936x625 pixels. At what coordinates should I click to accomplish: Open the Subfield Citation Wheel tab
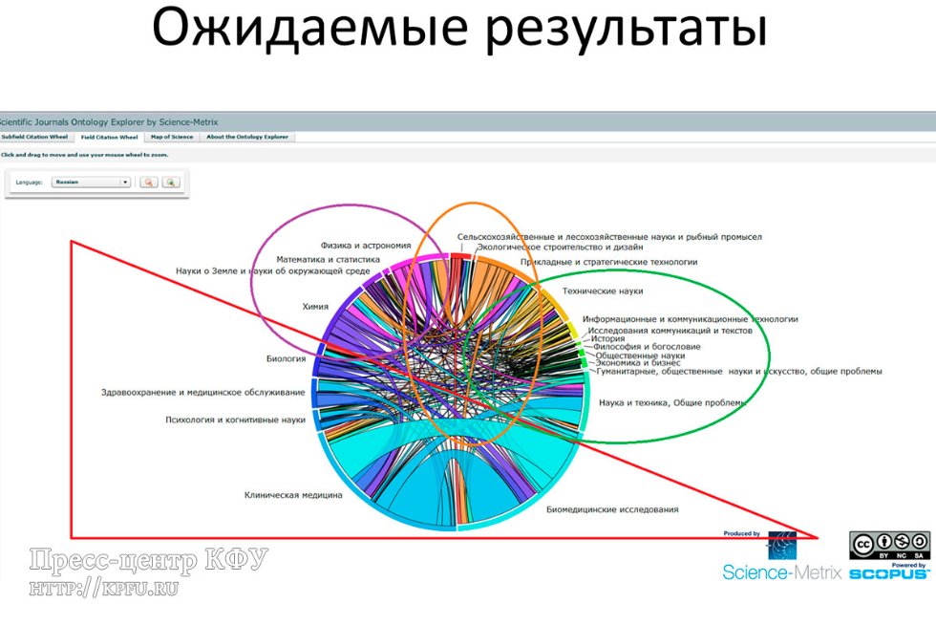point(35,137)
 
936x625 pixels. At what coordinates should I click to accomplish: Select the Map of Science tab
point(172,137)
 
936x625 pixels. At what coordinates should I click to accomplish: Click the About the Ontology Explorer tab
point(247,137)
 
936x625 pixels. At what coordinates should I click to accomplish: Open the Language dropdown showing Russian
point(92,182)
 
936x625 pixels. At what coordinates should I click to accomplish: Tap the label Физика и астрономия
point(366,245)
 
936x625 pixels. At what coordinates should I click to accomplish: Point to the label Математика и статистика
point(329,259)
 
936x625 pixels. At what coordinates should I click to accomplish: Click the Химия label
point(315,307)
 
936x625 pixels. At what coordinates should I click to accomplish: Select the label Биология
point(286,359)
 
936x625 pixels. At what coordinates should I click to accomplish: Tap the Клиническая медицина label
point(293,495)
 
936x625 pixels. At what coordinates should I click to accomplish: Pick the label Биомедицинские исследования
point(612,509)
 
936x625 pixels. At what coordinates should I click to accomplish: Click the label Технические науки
point(602,291)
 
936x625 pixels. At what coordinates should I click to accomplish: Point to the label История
point(607,337)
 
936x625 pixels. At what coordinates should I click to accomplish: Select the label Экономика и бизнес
point(638,363)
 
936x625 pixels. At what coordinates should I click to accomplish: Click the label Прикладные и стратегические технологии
point(608,261)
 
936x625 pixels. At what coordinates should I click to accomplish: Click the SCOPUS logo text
point(888,573)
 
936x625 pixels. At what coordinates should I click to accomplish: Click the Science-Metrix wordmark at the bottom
point(781,572)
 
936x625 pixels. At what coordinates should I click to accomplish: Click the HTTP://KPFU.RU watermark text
point(104,588)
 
